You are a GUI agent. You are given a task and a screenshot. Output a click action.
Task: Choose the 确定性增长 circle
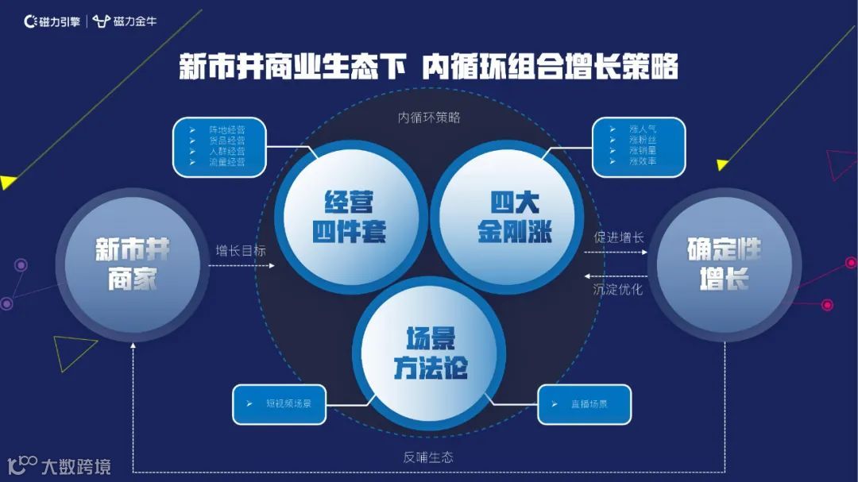pos(724,264)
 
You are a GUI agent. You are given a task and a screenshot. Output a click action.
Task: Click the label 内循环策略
pos(429,118)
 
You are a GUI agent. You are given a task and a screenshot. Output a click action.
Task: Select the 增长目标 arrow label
pos(241,250)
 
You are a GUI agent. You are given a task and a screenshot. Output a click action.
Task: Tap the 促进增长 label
pos(619,237)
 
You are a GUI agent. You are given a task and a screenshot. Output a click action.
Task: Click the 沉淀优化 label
pos(619,289)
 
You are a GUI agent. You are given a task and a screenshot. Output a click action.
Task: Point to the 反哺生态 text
pos(428,457)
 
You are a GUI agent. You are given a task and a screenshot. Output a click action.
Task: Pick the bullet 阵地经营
pos(226,129)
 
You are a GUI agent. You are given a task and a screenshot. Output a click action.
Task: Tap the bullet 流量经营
pos(226,162)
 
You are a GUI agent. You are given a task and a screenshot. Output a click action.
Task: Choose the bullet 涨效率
pos(643,161)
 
